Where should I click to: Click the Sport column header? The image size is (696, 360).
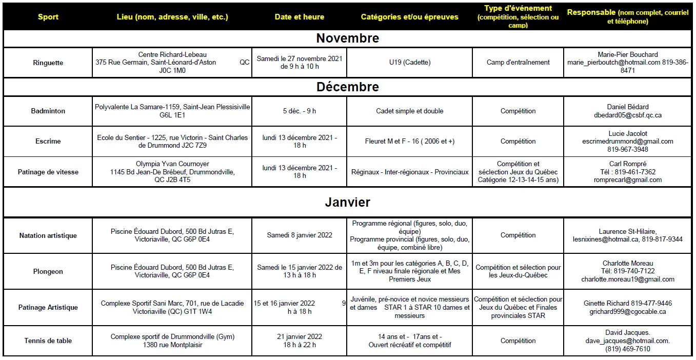(48, 17)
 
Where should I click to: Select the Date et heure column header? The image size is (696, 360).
(300, 17)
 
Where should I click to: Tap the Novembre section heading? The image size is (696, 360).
(348, 38)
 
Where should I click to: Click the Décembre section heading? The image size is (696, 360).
(348, 87)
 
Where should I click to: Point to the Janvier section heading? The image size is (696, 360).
(348, 202)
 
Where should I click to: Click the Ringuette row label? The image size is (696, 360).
(48, 63)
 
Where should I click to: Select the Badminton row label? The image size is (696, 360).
(48, 111)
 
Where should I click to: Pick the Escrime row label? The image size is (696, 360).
(48, 141)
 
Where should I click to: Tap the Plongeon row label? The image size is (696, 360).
(48, 271)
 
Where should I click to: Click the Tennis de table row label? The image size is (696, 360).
(48, 341)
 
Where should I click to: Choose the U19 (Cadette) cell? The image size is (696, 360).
(410, 63)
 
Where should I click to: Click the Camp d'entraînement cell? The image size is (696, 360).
(518, 63)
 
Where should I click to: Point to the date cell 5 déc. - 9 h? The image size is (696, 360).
(300, 111)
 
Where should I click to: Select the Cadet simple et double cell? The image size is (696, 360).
(410, 111)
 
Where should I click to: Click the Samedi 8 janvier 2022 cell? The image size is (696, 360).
(300, 235)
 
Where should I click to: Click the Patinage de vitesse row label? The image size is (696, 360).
(48, 172)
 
